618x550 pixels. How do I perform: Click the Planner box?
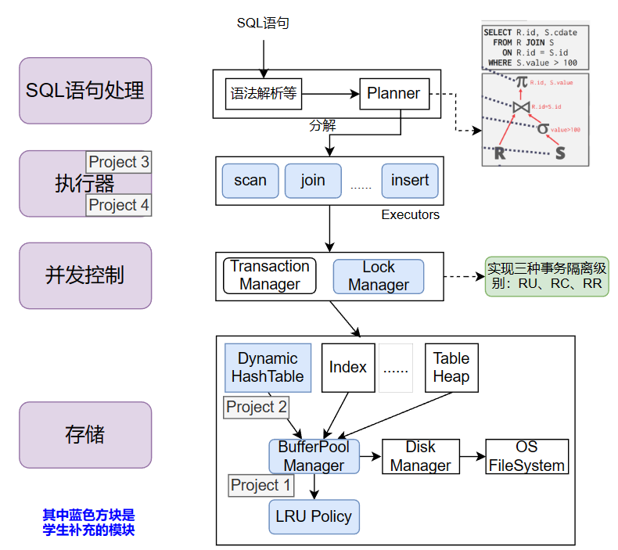[x=394, y=94]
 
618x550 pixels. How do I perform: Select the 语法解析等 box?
[x=263, y=94]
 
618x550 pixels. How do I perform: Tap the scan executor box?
[x=250, y=180]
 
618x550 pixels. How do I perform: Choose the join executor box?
[x=313, y=180]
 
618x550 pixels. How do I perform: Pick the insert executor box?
[x=410, y=180]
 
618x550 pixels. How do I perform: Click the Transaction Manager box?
[x=270, y=275]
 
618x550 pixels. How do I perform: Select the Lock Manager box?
[x=379, y=276]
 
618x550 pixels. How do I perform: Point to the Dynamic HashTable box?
[x=268, y=368]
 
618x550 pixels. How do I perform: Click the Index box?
[x=348, y=367]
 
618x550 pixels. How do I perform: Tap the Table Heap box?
[x=451, y=368]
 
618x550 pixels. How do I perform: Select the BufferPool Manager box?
[x=314, y=456]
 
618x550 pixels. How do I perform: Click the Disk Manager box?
[x=420, y=456]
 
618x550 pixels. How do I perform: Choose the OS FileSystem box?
[x=526, y=456]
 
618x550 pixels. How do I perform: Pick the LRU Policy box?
[x=314, y=516]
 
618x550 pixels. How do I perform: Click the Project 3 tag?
[x=119, y=163]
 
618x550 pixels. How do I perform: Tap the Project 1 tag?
[x=261, y=485]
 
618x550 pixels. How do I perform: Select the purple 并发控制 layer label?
[x=85, y=275]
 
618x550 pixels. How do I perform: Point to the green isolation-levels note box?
[x=547, y=275]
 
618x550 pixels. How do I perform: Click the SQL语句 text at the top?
[x=263, y=23]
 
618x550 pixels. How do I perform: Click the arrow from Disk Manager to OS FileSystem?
[x=472, y=456]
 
